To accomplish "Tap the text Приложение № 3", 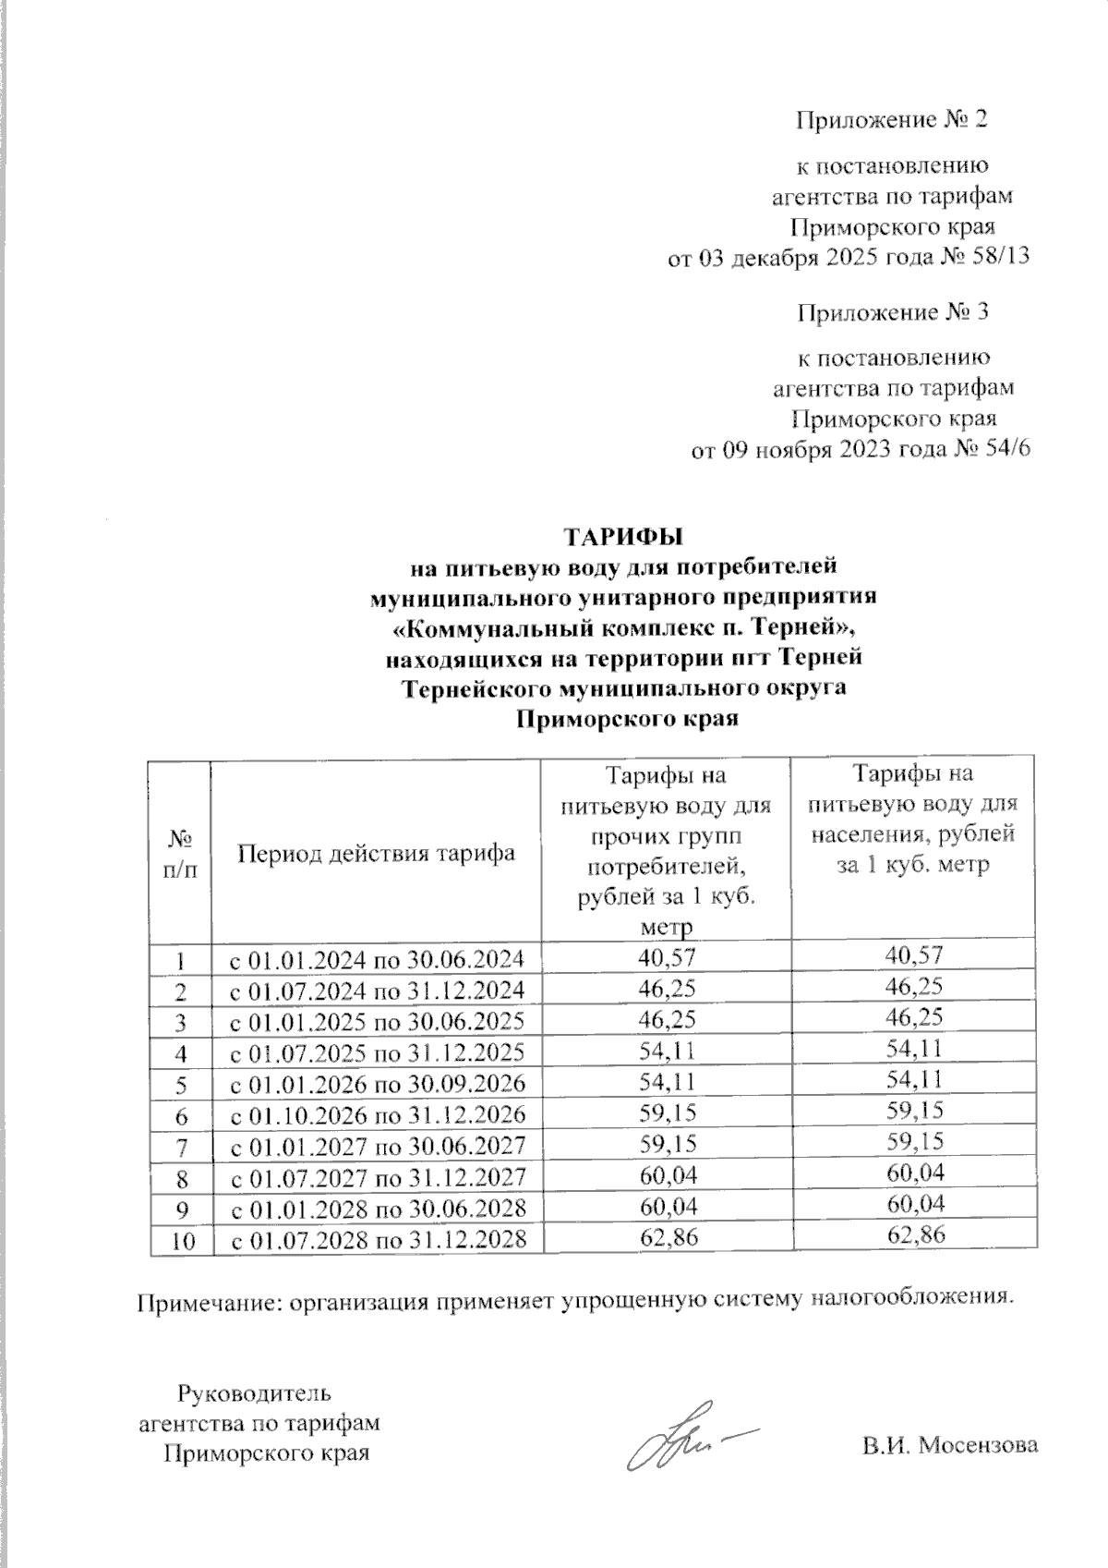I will point(893,312).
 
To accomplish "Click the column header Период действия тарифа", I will point(377,852).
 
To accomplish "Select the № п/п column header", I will point(180,852).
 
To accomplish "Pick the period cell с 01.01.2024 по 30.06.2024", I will point(377,958).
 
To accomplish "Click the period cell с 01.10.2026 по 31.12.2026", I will point(377,1113).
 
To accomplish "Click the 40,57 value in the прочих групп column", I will point(667,957).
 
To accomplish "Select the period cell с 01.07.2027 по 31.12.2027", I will point(377,1176).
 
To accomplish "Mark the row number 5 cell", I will point(180,1083).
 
